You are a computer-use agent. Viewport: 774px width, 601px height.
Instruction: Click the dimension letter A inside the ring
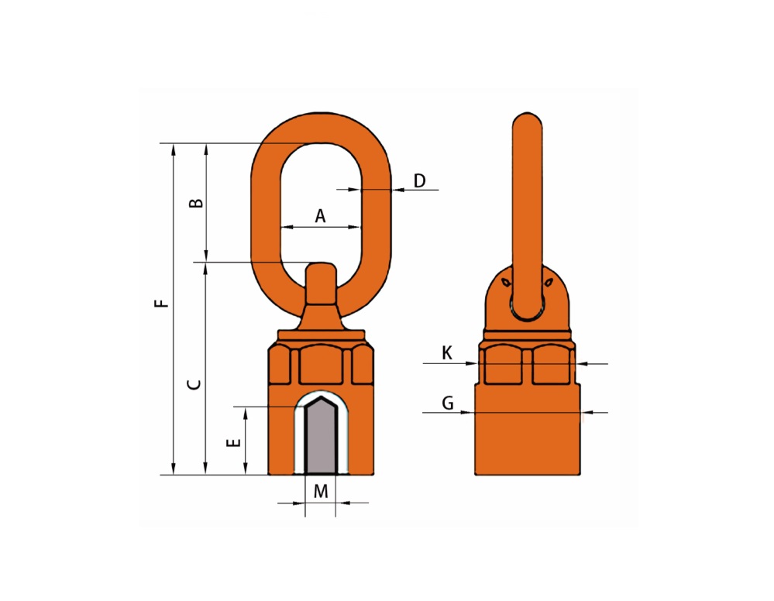[320, 216]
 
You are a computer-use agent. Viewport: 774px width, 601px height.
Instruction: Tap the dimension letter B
[197, 203]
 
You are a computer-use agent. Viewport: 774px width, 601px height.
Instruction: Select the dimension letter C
[194, 384]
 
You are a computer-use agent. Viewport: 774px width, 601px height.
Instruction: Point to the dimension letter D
[420, 181]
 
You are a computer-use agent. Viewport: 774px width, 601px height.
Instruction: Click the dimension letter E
[233, 442]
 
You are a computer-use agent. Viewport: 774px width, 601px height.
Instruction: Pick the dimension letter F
[161, 303]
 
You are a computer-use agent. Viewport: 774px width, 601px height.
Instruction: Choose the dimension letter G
[448, 404]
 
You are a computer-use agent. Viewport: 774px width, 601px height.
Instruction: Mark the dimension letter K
[447, 353]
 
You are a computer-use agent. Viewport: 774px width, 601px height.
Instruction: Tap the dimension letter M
[321, 492]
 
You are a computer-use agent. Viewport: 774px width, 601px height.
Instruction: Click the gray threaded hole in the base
[321, 437]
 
